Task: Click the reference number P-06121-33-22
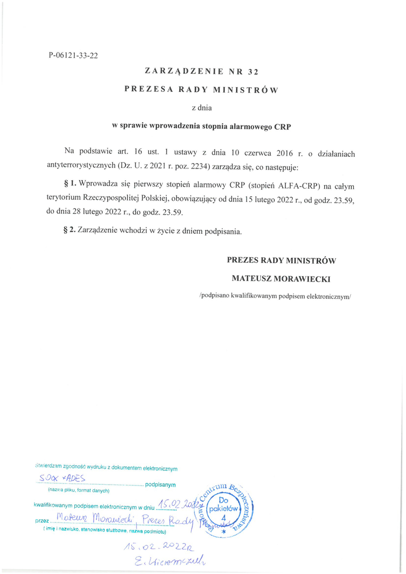pos(73,55)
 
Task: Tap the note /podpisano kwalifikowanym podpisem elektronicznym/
pos(275,296)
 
